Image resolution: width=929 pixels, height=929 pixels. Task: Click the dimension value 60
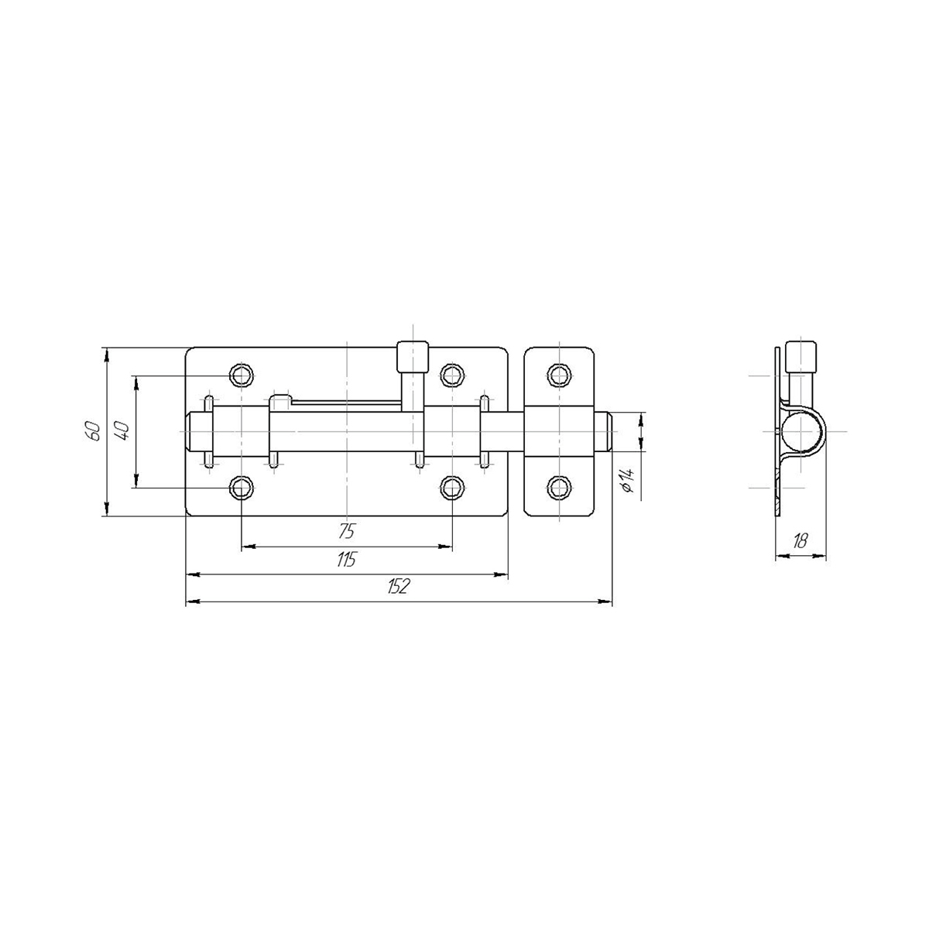pyautogui.click(x=93, y=431)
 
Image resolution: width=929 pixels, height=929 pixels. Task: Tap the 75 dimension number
pyautogui.click(x=347, y=531)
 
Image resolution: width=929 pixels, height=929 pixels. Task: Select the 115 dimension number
pyautogui.click(x=346, y=560)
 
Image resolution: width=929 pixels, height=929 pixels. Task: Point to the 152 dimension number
pyautogui.click(x=398, y=587)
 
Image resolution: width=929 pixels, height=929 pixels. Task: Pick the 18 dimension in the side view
pyautogui.click(x=800, y=541)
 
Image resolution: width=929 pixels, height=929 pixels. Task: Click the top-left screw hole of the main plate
pyautogui.click(x=241, y=375)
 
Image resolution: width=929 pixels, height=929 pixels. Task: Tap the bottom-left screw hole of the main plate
pyautogui.click(x=241, y=488)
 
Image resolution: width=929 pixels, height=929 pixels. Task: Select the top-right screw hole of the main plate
pyautogui.click(x=452, y=375)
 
